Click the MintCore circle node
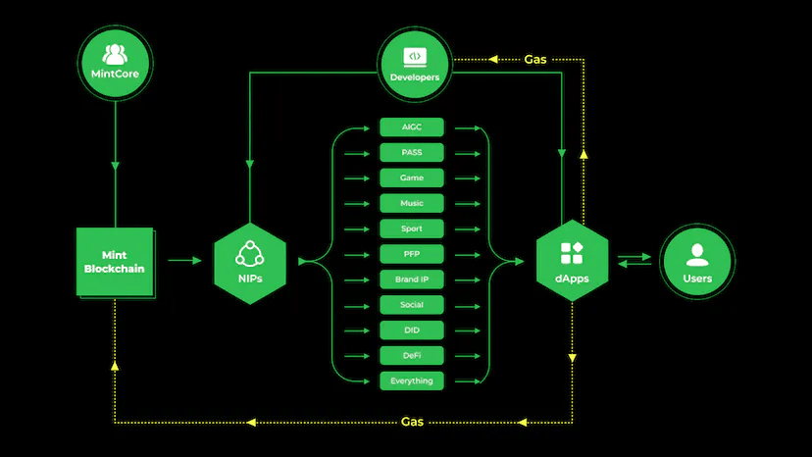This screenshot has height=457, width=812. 116,61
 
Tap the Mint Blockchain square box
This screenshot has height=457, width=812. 116,262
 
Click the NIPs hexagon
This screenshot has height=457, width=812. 250,262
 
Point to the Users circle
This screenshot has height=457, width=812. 697,262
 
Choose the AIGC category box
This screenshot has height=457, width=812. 412,127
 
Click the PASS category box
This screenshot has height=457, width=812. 412,153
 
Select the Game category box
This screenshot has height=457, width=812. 412,178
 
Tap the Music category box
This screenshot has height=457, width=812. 412,203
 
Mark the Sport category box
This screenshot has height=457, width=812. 412,228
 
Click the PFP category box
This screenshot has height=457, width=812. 412,254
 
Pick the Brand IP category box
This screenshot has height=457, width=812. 412,279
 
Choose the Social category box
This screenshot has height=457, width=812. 412,305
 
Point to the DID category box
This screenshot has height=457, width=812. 412,330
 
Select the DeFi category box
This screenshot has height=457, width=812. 412,355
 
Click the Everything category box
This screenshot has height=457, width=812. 412,381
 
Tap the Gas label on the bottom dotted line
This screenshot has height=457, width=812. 413,422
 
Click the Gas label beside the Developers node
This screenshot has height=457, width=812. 535,59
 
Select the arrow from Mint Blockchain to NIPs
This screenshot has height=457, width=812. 184,261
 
